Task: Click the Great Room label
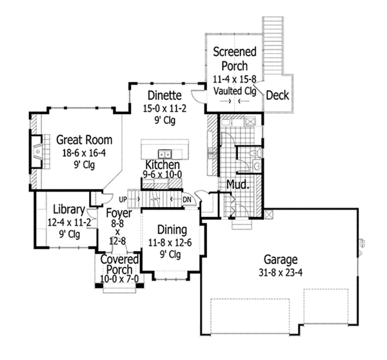(84, 140)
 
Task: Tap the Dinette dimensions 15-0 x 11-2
(164, 108)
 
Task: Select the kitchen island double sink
(164, 154)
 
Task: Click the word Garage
(281, 260)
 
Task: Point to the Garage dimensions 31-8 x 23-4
(281, 273)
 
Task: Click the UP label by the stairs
(123, 199)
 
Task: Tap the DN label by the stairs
(187, 199)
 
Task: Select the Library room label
(69, 210)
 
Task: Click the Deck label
(277, 95)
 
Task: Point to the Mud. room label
(237, 185)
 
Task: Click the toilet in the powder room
(255, 153)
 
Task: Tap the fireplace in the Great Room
(37, 152)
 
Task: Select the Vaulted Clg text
(235, 91)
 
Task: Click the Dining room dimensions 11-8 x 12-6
(170, 243)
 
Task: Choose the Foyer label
(119, 213)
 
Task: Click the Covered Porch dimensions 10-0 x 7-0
(119, 279)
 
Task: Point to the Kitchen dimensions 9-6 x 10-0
(163, 175)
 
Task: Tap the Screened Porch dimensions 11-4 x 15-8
(235, 79)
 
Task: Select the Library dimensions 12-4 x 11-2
(69, 223)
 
